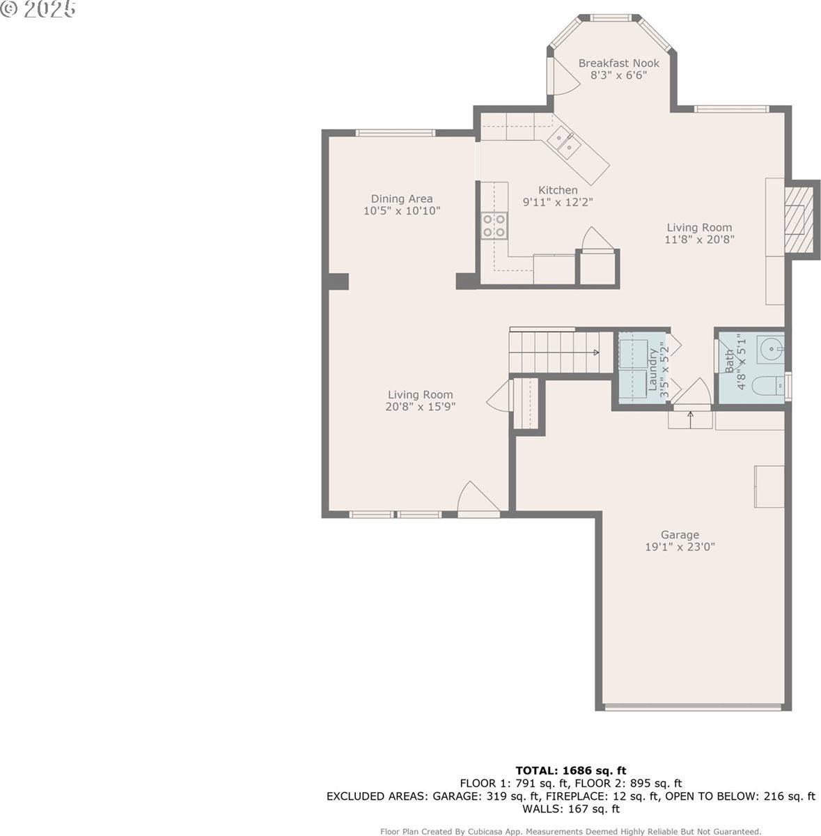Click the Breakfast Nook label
click(x=618, y=63)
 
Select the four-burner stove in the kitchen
click(x=494, y=226)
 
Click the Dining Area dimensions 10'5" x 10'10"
click(x=402, y=211)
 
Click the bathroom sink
click(x=771, y=348)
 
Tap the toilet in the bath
click(x=767, y=386)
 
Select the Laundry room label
click(x=652, y=369)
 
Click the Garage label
click(x=680, y=534)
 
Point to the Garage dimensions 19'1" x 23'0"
click(x=680, y=547)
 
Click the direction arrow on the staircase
click(x=597, y=353)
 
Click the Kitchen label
click(x=558, y=190)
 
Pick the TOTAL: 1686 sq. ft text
click(x=571, y=771)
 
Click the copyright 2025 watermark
click(x=38, y=8)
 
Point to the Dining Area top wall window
click(x=396, y=133)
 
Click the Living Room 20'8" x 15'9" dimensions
click(x=421, y=406)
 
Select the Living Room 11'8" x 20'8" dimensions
click(x=699, y=240)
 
